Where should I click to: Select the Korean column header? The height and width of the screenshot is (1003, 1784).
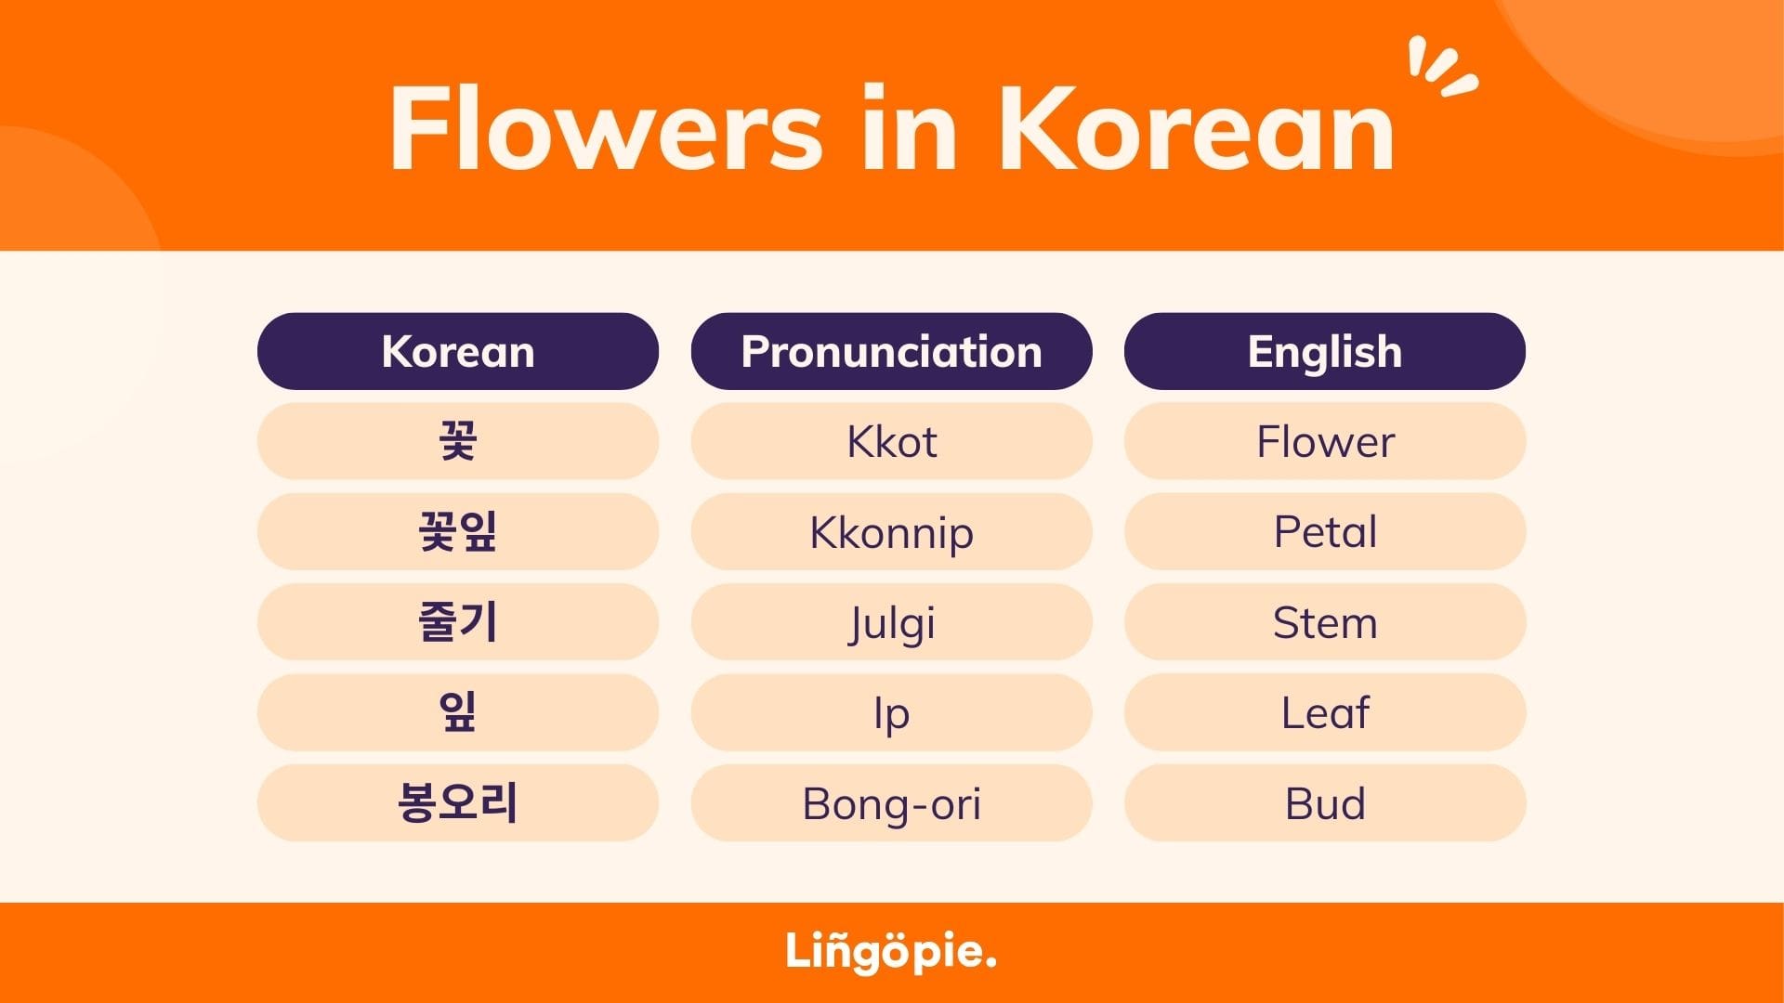coord(457,351)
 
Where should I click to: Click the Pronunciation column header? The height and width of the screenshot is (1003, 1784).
coord(891,351)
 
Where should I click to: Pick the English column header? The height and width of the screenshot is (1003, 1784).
coord(1324,351)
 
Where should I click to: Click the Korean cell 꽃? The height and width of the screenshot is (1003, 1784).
coord(457,441)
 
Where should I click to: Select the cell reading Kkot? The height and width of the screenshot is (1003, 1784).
coord(891,441)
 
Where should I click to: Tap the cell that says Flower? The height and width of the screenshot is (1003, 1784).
coord(1324,441)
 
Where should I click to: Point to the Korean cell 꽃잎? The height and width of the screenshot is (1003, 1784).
coord(457,531)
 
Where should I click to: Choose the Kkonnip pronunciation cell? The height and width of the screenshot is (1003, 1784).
coord(891,531)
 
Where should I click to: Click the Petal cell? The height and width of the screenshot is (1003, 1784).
coord(1324,531)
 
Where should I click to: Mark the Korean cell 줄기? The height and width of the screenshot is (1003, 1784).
coord(457,622)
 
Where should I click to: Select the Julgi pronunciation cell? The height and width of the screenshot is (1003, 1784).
coord(891,622)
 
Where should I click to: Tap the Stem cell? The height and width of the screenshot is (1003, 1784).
coord(1324,622)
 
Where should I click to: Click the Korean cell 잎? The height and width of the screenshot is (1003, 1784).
coord(457,712)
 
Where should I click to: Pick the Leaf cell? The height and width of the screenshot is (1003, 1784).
coord(1324,712)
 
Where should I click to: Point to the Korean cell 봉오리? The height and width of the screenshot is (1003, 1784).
coord(457,802)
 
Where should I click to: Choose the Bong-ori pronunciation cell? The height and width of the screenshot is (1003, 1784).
coord(891,802)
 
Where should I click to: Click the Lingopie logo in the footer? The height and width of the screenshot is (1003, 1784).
coord(890,952)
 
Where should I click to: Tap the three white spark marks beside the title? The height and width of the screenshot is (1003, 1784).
coord(1440,67)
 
